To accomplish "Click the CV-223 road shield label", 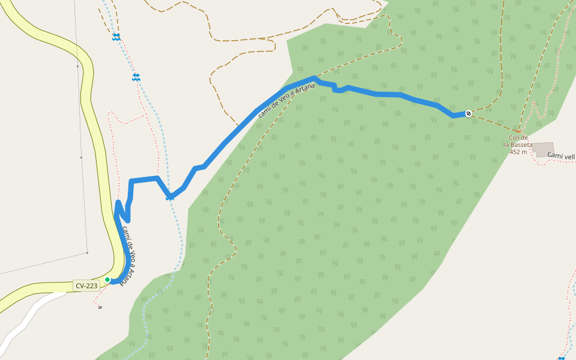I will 86,286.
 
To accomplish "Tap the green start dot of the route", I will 107,280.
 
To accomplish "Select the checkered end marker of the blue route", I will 469,113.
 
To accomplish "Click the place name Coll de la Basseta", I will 518,141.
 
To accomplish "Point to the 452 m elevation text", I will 518,152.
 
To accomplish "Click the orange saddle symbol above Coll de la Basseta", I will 518,131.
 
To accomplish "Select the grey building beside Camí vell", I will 543,149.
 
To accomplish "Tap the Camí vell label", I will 561,156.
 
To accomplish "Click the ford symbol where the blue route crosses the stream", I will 170,196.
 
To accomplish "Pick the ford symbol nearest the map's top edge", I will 116,37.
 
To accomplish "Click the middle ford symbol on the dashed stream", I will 136,77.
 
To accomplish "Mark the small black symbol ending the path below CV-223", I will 100,307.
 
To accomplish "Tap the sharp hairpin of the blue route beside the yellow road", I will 118,203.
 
